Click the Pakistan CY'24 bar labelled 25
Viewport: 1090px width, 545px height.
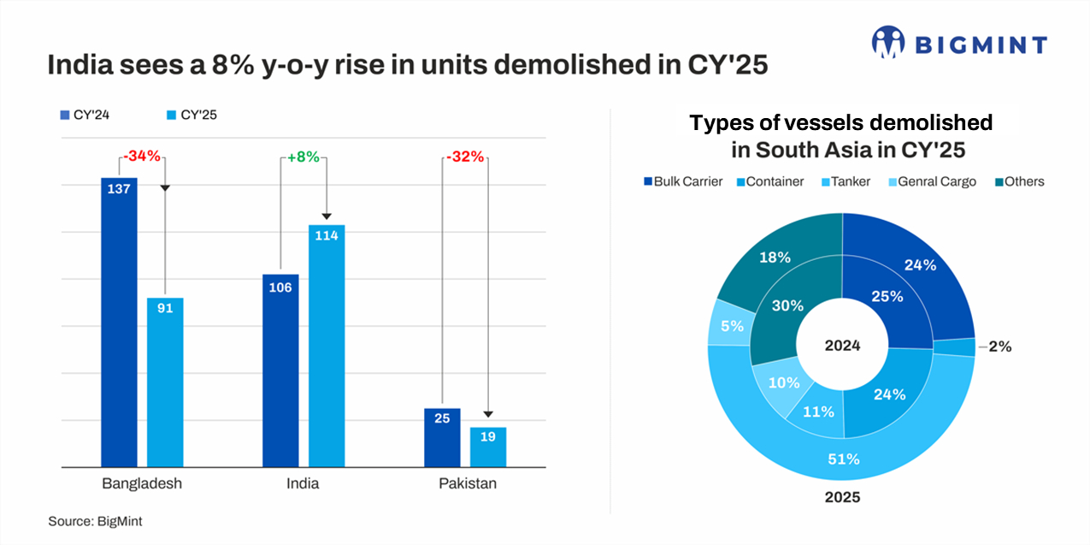tap(442, 437)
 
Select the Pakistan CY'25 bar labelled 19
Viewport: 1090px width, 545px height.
tap(488, 447)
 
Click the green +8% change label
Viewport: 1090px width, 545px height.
tap(303, 157)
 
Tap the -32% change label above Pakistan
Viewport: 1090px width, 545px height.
tap(464, 157)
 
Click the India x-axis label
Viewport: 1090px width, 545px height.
tap(303, 484)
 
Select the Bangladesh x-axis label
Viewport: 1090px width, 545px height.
tap(142, 484)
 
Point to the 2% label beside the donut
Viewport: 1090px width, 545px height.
tap(999, 347)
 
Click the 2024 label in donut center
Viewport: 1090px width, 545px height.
tap(842, 346)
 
